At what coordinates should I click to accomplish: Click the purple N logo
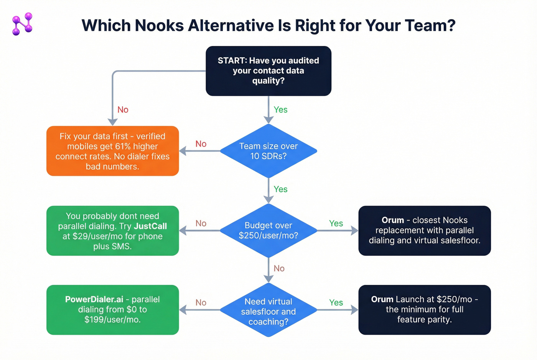coord(22,24)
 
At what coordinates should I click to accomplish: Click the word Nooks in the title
coord(159,26)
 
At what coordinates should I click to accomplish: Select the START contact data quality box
coord(268,71)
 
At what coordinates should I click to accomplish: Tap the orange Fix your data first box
coord(112,151)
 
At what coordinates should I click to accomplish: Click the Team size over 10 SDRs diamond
coord(268,151)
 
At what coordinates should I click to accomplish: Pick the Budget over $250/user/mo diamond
coord(268,230)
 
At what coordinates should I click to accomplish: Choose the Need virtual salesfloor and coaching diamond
coord(268,310)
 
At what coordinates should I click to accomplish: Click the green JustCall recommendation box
coord(112,231)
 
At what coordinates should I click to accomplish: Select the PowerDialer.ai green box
coord(112,310)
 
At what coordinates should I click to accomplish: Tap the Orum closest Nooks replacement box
coord(425,231)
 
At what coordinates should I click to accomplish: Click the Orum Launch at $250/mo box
coord(425,310)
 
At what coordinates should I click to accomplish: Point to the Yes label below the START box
coord(280,110)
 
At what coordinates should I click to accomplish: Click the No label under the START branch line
coord(123,110)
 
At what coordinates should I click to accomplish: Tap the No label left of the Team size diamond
coord(201,144)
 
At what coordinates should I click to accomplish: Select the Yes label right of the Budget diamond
coord(336,224)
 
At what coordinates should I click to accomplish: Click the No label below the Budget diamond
coord(279,268)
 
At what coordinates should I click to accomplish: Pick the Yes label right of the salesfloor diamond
coord(336,302)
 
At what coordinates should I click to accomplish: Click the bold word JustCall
coord(150,226)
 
